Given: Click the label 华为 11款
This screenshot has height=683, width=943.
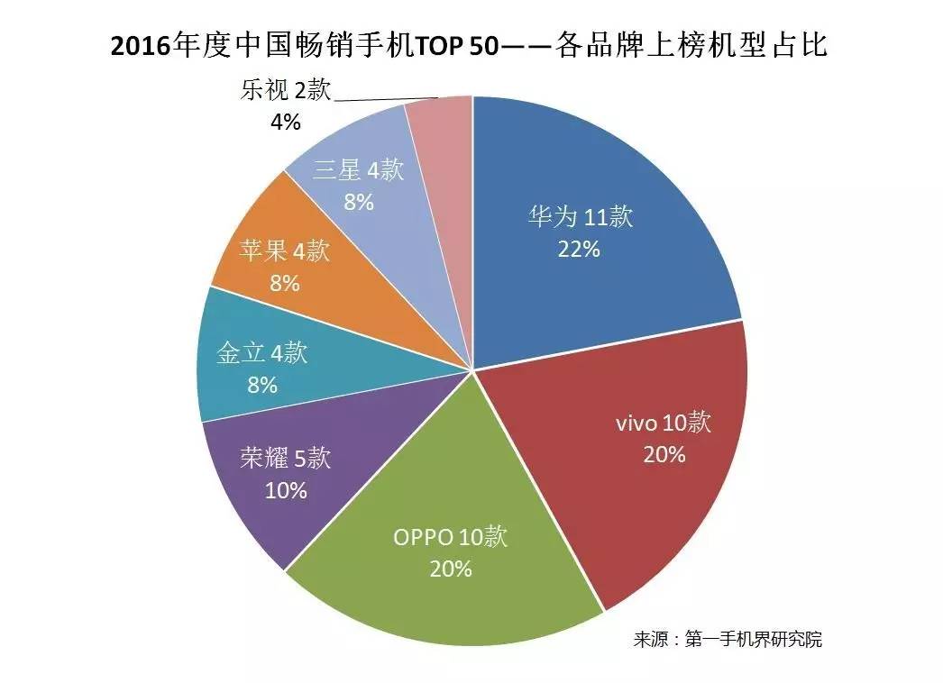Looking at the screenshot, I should [581, 217].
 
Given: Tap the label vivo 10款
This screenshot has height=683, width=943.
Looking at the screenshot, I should [664, 423].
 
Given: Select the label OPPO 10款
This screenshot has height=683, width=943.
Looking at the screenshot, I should [451, 537].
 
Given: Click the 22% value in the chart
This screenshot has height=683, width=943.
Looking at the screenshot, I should [579, 250].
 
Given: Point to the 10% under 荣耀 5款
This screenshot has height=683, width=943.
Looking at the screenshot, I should [286, 491].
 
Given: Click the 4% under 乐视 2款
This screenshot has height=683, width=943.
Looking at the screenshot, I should [285, 121].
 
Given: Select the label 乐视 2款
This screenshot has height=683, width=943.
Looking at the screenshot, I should [287, 90].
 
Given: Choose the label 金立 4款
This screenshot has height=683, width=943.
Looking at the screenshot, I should [262, 352].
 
